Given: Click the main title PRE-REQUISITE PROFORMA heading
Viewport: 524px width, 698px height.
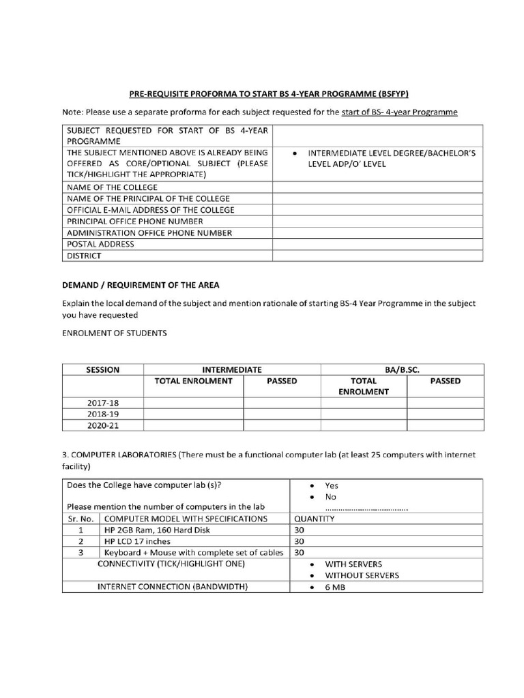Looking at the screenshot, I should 270,93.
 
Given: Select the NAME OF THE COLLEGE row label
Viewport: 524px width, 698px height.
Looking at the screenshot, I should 112,187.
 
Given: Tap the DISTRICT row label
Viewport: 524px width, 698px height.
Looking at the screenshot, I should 84,256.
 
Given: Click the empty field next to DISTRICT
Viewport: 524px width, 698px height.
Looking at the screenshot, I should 377,256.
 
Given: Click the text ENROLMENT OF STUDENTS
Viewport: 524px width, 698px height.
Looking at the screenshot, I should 113,333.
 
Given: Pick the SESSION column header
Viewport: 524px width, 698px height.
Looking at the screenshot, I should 103,369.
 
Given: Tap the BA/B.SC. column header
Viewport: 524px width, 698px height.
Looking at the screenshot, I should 402,369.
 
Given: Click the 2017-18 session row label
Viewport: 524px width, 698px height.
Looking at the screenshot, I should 103,403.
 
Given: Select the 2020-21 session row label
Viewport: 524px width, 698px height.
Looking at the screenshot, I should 103,425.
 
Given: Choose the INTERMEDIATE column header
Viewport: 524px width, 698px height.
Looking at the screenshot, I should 232,369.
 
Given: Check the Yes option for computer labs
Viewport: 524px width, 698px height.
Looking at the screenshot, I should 332,485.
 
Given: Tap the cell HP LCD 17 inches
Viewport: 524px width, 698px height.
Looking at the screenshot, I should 137,541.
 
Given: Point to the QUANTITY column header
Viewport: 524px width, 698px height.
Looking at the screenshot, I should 315,519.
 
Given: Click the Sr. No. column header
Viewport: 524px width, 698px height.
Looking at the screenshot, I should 81,519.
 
